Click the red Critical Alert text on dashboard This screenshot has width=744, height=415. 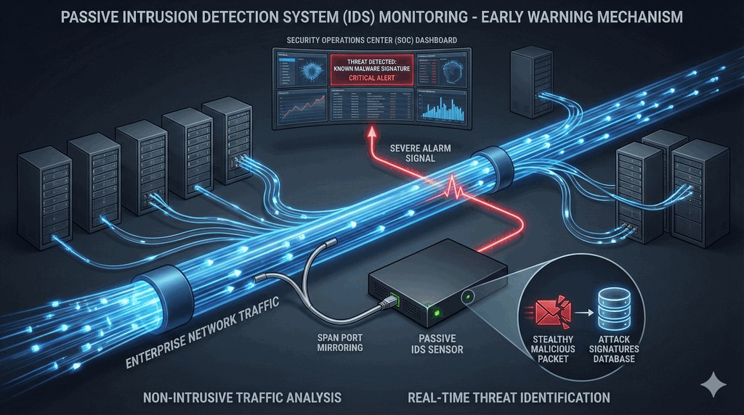pyautogui.click(x=371, y=78)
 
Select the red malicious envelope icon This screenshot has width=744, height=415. pyautogui.click(x=549, y=308)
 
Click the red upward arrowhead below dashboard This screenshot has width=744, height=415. pyautogui.click(x=374, y=133)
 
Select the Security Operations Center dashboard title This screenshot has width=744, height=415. pyautogui.click(x=371, y=40)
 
